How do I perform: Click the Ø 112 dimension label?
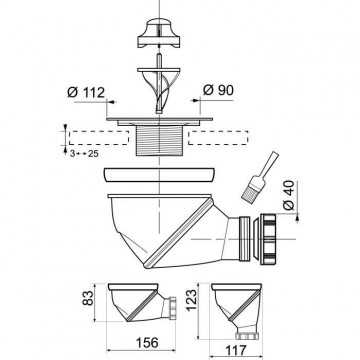click(86, 92)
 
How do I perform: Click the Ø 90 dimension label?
click(218, 90)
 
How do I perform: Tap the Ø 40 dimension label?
click(289, 195)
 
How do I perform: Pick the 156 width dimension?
click(147, 342)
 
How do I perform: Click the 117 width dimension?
click(235, 350)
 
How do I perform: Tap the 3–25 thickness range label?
click(84, 154)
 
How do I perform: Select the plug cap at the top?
click(159, 33)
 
